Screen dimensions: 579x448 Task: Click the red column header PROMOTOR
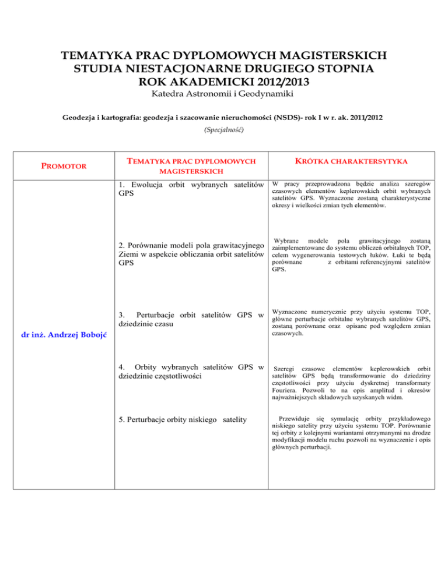coord(64,165)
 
